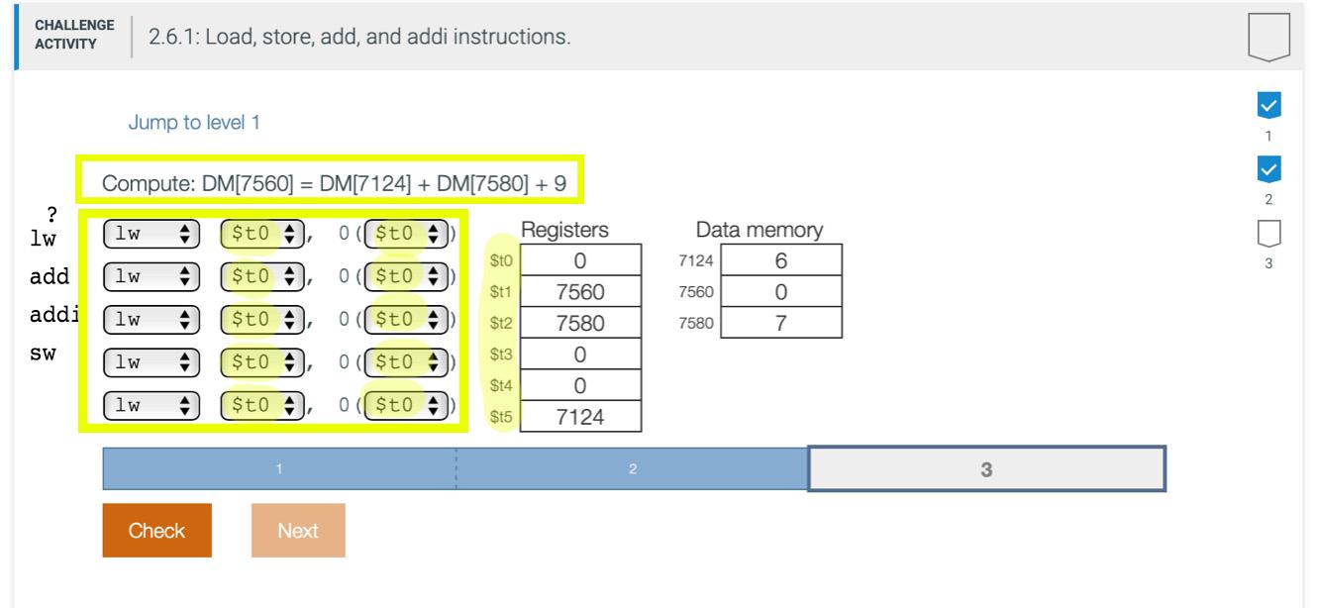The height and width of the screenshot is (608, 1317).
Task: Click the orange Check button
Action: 156,531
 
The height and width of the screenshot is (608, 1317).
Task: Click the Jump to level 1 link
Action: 194,123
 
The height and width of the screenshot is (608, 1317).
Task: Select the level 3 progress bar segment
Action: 986,469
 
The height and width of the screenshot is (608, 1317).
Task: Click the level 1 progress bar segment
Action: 279,469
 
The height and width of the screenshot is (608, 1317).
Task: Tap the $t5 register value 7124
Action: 580,417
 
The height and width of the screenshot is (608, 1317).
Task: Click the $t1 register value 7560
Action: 580,292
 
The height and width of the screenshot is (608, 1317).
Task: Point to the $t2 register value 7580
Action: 580,324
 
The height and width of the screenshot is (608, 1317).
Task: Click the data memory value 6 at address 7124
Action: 781,260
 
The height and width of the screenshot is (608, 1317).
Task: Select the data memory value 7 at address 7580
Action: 781,324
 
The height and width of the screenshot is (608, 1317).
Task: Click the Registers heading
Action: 564,230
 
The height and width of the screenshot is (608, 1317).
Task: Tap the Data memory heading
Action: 760,230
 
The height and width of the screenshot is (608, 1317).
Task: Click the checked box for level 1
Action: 1268,104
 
